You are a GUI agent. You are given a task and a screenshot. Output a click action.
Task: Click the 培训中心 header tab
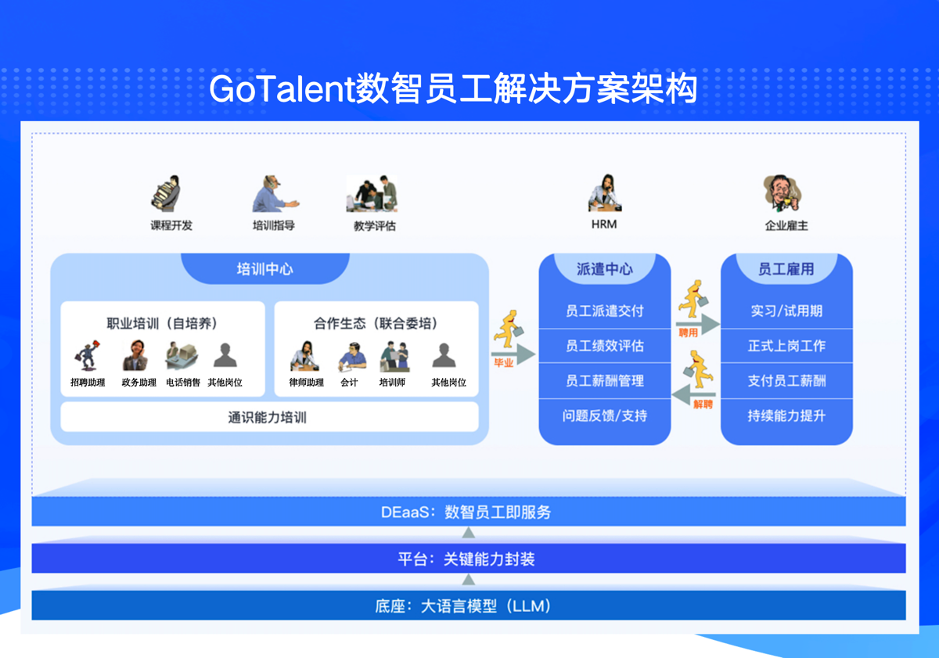click(265, 268)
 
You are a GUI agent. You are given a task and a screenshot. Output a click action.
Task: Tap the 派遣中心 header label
click(604, 269)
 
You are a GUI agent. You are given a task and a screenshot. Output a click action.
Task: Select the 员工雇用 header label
click(786, 269)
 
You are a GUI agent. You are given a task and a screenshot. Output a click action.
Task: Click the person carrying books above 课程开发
click(166, 193)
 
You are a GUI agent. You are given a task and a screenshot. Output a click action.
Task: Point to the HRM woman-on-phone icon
click(604, 192)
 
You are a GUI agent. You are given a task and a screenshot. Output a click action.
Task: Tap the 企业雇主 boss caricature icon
click(782, 193)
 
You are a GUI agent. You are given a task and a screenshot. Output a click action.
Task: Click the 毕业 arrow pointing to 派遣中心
click(513, 354)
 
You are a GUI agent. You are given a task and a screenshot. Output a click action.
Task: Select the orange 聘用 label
click(689, 333)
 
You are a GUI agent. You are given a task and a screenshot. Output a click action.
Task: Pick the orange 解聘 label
click(703, 404)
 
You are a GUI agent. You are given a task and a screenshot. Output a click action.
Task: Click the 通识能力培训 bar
click(269, 417)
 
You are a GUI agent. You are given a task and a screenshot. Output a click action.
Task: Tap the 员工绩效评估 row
click(604, 346)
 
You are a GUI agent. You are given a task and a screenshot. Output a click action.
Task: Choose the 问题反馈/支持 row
click(604, 415)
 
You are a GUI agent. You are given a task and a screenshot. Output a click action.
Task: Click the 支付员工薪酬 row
click(786, 380)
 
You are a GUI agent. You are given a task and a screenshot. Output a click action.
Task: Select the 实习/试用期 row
click(786, 311)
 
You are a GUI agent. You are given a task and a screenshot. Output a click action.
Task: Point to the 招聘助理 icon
click(87, 355)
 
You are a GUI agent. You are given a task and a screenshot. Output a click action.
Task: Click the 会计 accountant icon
click(352, 357)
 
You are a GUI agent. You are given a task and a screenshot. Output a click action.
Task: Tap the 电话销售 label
click(183, 383)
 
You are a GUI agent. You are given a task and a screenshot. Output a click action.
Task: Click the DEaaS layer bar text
click(466, 512)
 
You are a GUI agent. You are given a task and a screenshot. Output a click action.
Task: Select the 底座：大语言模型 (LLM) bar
click(469, 606)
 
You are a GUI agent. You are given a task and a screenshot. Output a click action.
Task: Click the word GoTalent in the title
click(282, 89)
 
